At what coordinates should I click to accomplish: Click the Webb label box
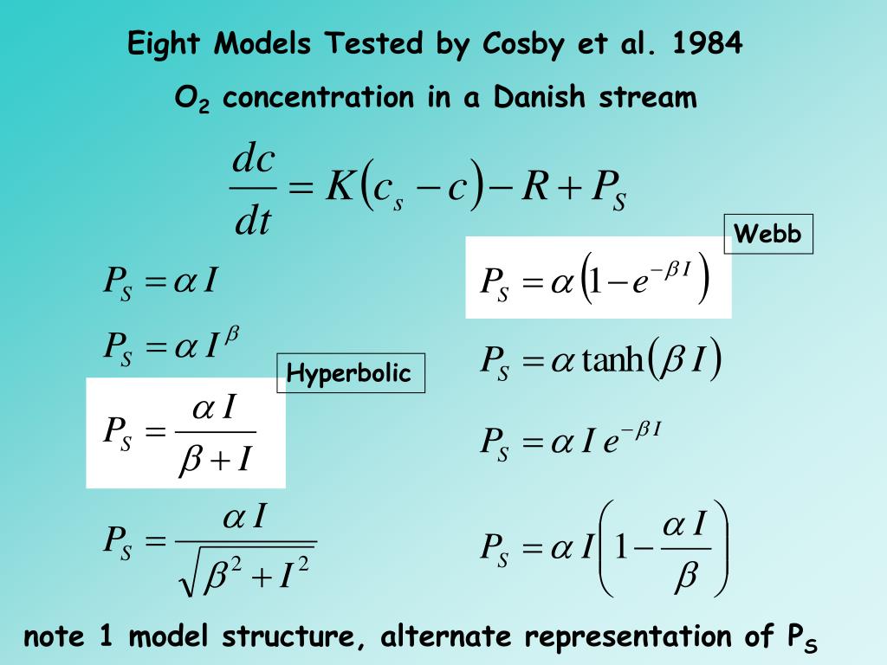click(x=768, y=234)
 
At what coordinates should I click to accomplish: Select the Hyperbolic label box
click(x=350, y=373)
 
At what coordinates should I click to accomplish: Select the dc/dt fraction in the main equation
click(x=253, y=191)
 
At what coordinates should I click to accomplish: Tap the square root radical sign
click(x=188, y=571)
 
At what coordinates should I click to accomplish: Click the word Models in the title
click(x=265, y=43)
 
